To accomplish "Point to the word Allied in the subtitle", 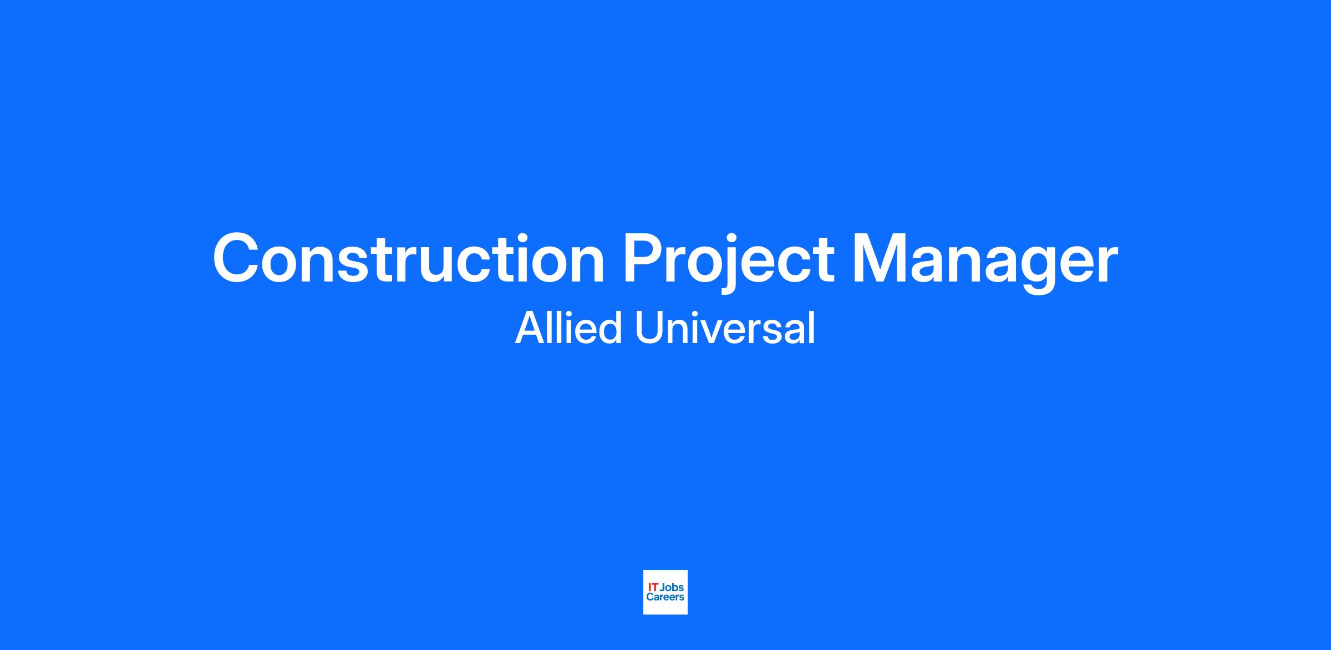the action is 568,327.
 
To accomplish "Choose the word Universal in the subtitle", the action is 725,327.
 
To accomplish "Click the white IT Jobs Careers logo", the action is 665,592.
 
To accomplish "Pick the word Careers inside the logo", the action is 665,597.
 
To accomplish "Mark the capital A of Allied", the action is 531,328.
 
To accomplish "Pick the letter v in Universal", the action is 724,332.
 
